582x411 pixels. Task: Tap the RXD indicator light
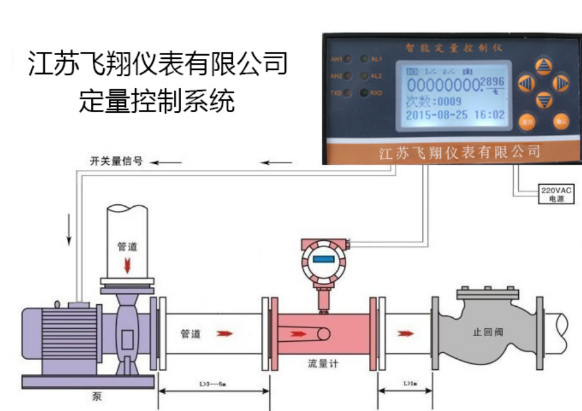(x=363, y=94)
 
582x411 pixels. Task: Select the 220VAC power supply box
(x=556, y=194)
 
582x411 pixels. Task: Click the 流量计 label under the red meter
(x=323, y=364)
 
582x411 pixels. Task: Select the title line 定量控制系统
(x=157, y=101)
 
